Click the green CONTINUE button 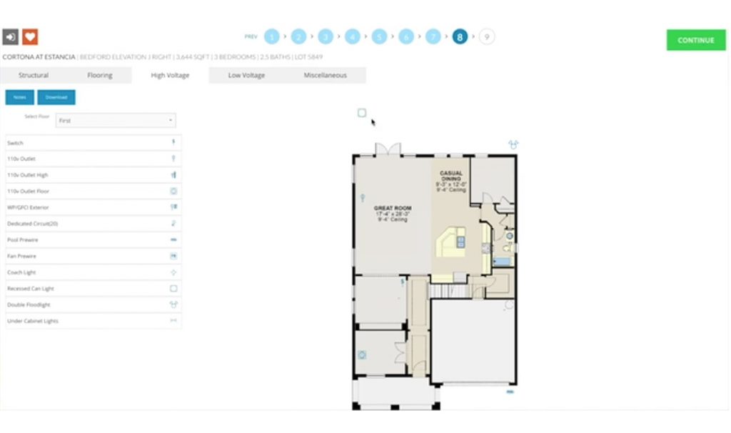(695, 40)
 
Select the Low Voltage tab (246, 75)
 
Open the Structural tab (34, 75)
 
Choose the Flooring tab (99, 75)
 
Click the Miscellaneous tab (325, 75)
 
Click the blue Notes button (19, 97)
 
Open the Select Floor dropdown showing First (116, 121)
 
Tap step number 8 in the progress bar (460, 36)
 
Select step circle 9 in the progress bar (487, 36)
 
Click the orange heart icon (30, 36)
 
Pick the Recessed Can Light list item (93, 289)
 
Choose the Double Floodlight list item (93, 304)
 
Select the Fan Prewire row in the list (93, 256)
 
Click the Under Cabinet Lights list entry (93, 321)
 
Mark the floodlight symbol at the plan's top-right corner (513, 144)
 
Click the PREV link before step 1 (251, 36)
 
